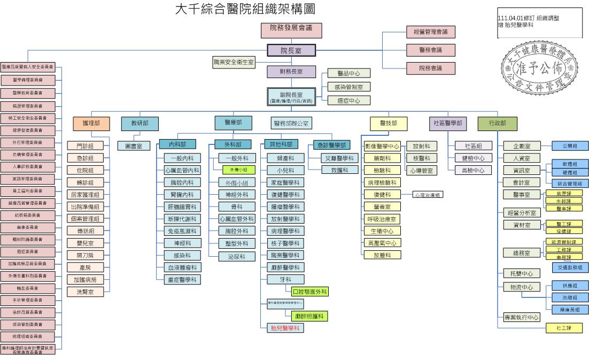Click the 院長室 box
[x=291, y=51]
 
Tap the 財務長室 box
[x=291, y=71]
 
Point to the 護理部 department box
[x=91, y=124]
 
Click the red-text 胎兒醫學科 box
[x=285, y=328]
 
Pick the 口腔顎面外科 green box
[x=309, y=292]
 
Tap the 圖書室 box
[x=134, y=146]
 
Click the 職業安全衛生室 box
[x=234, y=63]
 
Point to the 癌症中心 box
[x=348, y=101]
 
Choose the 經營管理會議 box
[x=430, y=32]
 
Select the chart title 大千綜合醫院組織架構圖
[x=245, y=9]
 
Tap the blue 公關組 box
[x=570, y=145]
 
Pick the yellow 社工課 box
[x=564, y=328]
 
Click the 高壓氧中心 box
[x=382, y=243]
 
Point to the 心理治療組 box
[x=428, y=195]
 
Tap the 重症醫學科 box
[x=182, y=279]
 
